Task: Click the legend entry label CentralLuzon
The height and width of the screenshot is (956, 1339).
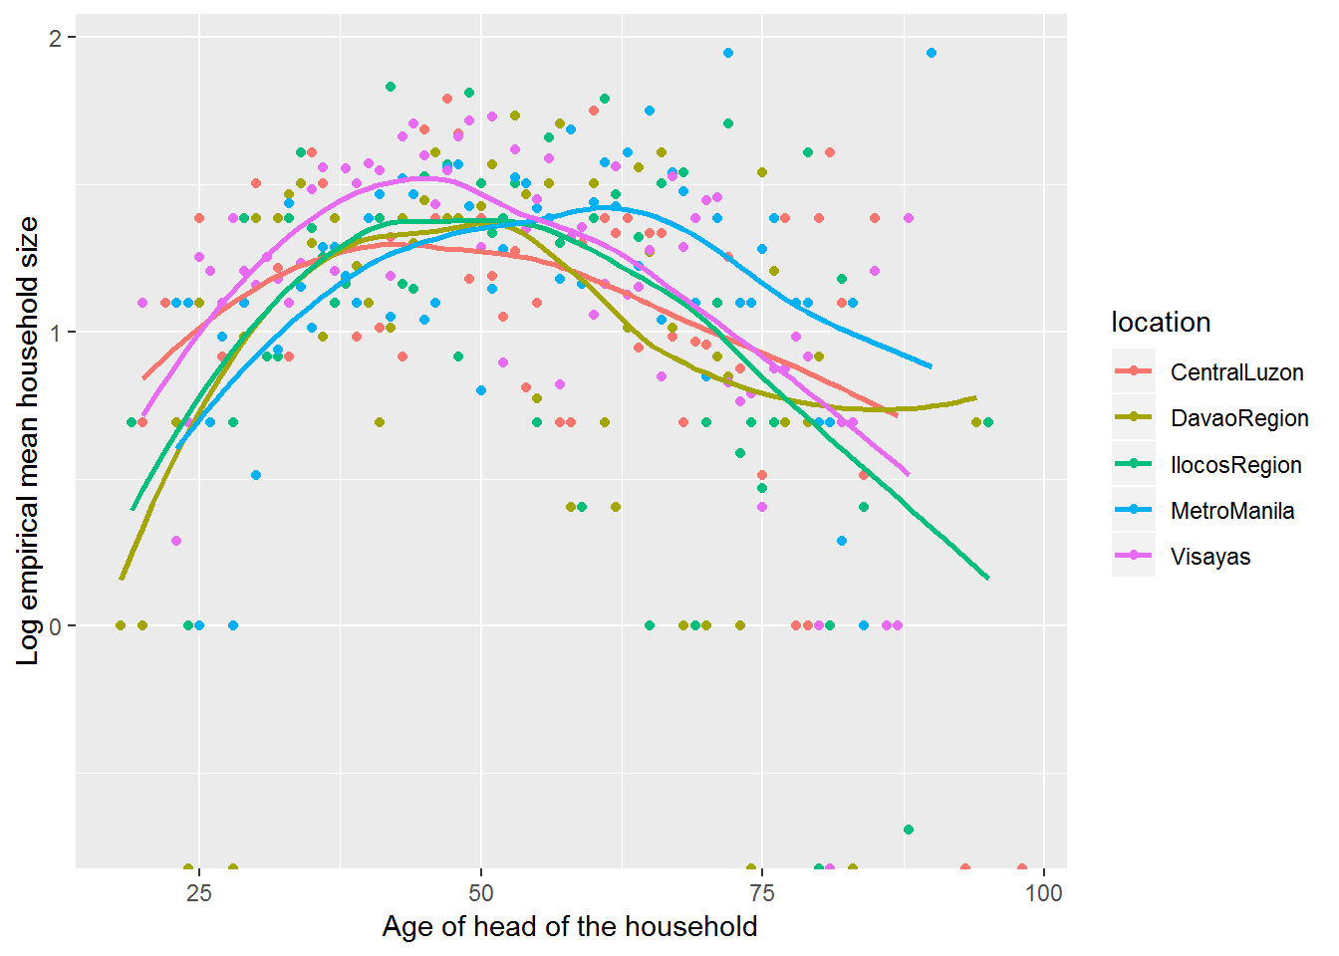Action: click(x=1236, y=372)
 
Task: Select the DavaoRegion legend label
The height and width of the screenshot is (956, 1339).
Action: click(x=1239, y=418)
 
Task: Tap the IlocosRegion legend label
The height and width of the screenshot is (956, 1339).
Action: click(x=1235, y=465)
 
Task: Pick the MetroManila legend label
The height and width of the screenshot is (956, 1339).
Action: click(x=1232, y=511)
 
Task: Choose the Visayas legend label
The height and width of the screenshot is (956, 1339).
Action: click(x=1209, y=557)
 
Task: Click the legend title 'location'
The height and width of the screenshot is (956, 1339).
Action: click(x=1161, y=323)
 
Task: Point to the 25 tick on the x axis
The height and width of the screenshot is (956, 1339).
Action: click(x=199, y=892)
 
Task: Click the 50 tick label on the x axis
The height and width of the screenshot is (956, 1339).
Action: click(x=481, y=892)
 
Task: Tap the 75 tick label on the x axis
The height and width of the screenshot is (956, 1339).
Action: click(x=762, y=892)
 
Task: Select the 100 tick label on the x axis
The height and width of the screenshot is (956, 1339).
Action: click(x=1043, y=892)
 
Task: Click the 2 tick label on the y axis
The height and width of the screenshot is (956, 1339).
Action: click(x=56, y=38)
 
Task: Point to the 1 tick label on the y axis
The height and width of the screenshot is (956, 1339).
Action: click(x=56, y=332)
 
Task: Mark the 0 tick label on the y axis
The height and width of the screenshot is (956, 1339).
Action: click(x=56, y=626)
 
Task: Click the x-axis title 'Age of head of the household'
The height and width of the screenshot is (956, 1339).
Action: click(x=570, y=927)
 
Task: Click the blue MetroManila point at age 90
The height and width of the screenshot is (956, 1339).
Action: click(x=932, y=53)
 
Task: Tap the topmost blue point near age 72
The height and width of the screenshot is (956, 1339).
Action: click(x=728, y=53)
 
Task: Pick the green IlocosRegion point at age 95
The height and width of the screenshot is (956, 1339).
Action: click(x=987, y=422)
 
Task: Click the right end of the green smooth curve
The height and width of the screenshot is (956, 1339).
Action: click(x=987, y=578)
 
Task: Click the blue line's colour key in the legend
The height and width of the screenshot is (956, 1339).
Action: click(x=1134, y=511)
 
